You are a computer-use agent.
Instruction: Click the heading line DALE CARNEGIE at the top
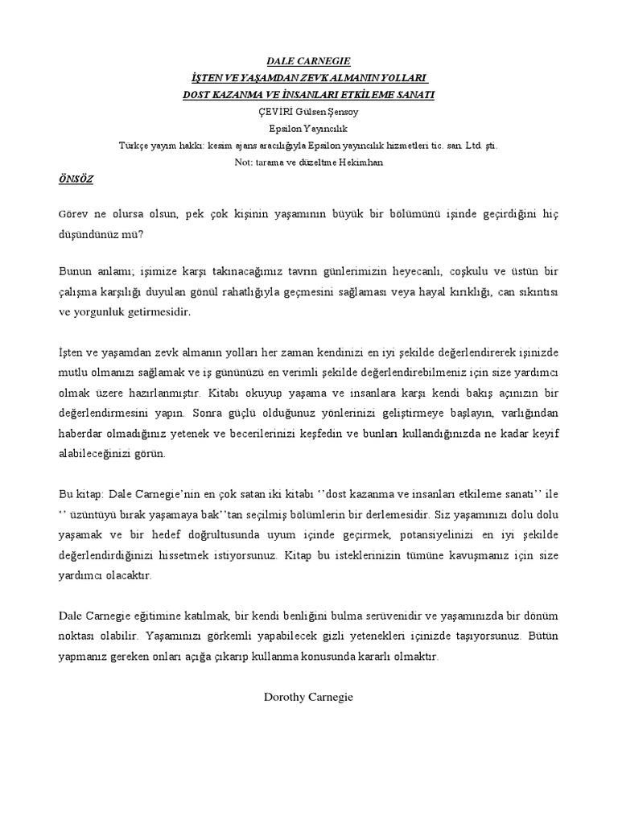pos(308,60)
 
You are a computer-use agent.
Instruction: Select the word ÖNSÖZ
pos(76,179)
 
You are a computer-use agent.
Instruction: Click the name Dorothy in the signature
pos(286,696)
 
